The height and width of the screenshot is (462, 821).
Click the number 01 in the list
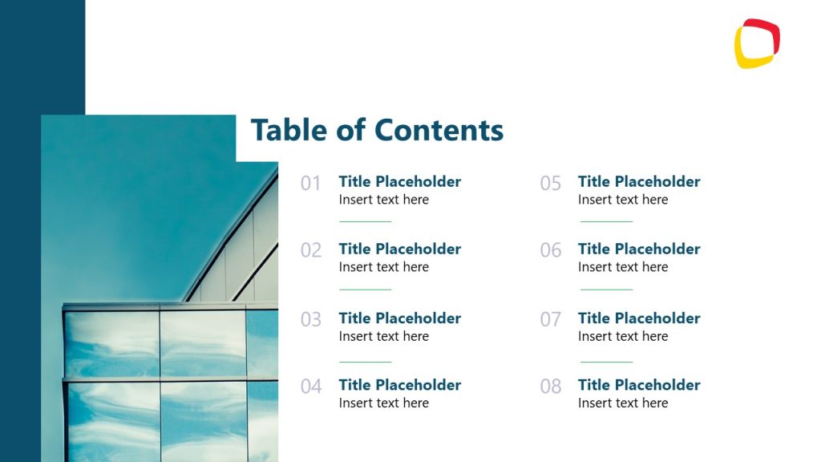click(310, 184)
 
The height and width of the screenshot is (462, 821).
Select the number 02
click(310, 250)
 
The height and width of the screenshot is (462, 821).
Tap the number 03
click(310, 320)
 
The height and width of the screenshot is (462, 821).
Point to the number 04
click(310, 387)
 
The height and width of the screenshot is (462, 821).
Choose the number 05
click(550, 184)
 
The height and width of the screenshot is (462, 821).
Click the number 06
click(550, 250)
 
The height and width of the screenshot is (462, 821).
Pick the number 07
click(550, 320)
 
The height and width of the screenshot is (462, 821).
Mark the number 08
click(550, 387)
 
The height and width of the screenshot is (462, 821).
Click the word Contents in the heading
click(439, 130)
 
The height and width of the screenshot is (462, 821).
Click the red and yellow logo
click(757, 43)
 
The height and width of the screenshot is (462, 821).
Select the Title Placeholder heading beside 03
click(399, 318)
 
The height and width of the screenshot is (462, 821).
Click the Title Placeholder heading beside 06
click(639, 249)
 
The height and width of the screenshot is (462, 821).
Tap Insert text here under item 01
click(383, 200)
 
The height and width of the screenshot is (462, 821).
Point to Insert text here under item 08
click(623, 403)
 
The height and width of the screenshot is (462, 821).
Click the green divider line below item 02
click(365, 289)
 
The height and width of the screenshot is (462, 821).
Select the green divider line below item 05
click(606, 221)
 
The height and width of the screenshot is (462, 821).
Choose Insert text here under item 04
click(383, 403)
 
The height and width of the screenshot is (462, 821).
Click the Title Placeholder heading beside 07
click(639, 318)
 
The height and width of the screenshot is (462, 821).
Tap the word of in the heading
click(351, 130)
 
